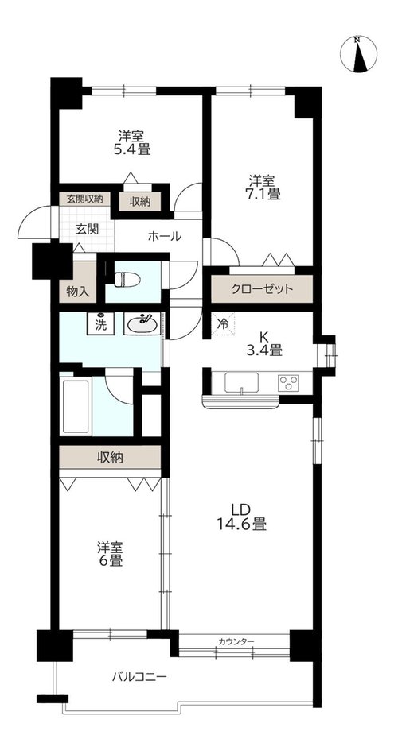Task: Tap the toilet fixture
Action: tap(127, 279)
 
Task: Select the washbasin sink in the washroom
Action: tap(142, 324)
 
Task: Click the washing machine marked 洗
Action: tap(100, 324)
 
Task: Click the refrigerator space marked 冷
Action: tap(224, 323)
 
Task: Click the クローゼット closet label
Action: tap(261, 289)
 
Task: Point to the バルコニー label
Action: tap(139, 677)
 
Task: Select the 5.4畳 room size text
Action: tap(131, 149)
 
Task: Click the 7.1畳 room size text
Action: tap(261, 194)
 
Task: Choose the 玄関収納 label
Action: tap(85, 199)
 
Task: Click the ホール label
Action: tap(165, 236)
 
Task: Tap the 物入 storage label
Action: tap(78, 292)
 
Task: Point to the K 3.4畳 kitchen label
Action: tap(263, 343)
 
